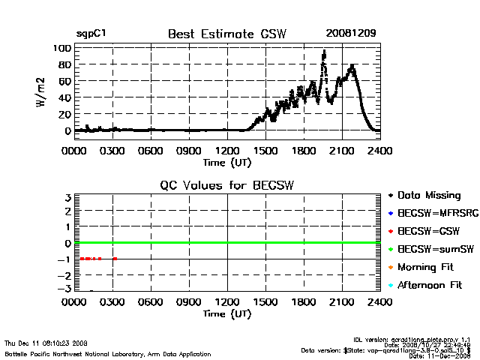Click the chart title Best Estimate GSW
(226, 34)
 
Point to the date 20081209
(350, 34)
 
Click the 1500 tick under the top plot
(265, 150)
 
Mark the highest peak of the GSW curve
(324, 52)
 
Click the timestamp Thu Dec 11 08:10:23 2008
(46, 343)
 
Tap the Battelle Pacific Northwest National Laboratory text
(108, 353)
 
